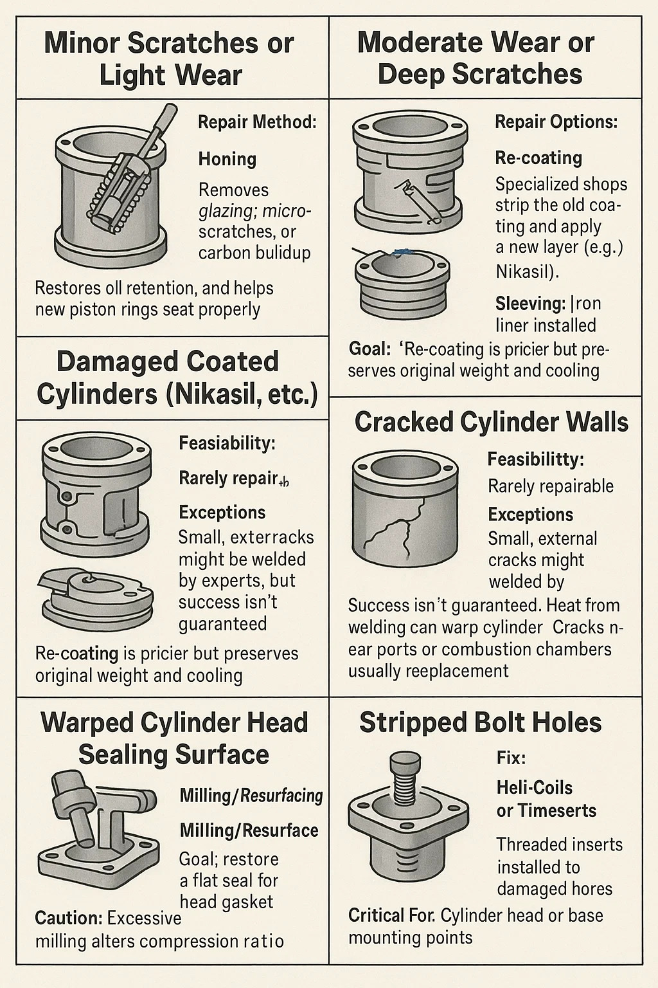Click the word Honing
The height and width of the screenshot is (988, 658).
(x=227, y=160)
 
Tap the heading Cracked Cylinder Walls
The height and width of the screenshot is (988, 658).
(x=491, y=422)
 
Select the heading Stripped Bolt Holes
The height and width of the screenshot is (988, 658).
(x=481, y=722)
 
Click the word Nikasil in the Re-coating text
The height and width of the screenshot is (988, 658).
(x=523, y=271)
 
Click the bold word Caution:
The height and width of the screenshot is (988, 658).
(x=69, y=918)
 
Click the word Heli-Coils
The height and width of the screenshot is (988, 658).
(x=534, y=787)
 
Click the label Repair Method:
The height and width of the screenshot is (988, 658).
(x=257, y=122)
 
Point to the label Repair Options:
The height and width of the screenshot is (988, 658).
(x=556, y=122)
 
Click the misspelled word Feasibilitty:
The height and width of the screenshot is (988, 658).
(x=535, y=460)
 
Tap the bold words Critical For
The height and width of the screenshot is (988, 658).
(x=391, y=916)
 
